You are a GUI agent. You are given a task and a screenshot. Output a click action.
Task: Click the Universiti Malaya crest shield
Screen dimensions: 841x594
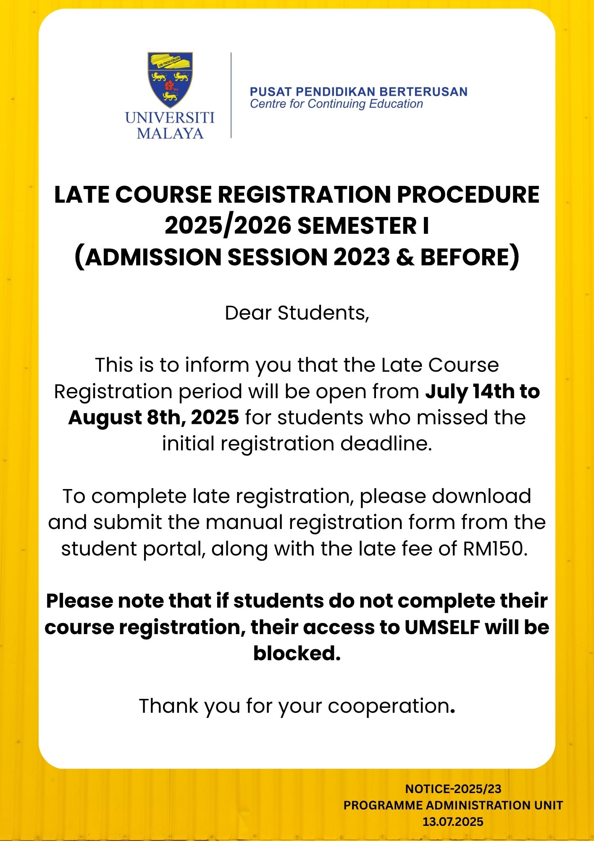pyautogui.click(x=170, y=79)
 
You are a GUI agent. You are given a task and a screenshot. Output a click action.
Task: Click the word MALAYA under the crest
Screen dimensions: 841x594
pyautogui.click(x=170, y=133)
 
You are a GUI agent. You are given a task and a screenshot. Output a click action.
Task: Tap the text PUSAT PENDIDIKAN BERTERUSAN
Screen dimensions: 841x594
pyautogui.click(x=358, y=92)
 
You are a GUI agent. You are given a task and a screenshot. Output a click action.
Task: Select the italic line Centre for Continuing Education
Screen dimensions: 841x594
pyautogui.click(x=336, y=104)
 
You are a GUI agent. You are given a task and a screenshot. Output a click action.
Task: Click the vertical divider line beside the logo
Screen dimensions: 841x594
pyautogui.click(x=231, y=95)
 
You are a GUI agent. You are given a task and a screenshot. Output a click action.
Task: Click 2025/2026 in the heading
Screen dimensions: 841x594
pyautogui.click(x=228, y=226)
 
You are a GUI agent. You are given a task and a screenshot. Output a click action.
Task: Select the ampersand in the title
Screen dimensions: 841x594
pyautogui.click(x=405, y=257)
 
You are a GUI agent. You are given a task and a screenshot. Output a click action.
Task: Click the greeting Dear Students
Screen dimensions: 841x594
pyautogui.click(x=297, y=313)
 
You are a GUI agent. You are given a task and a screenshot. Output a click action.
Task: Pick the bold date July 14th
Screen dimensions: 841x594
pyautogui.click(x=470, y=391)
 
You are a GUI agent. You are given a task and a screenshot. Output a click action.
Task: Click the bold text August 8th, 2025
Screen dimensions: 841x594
pyautogui.click(x=153, y=418)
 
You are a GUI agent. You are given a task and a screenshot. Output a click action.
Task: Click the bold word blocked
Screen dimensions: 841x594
pyautogui.click(x=297, y=653)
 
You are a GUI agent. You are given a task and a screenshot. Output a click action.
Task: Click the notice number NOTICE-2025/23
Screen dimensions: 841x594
pyautogui.click(x=453, y=789)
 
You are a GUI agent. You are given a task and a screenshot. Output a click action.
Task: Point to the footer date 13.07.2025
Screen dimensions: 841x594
pyautogui.click(x=453, y=822)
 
